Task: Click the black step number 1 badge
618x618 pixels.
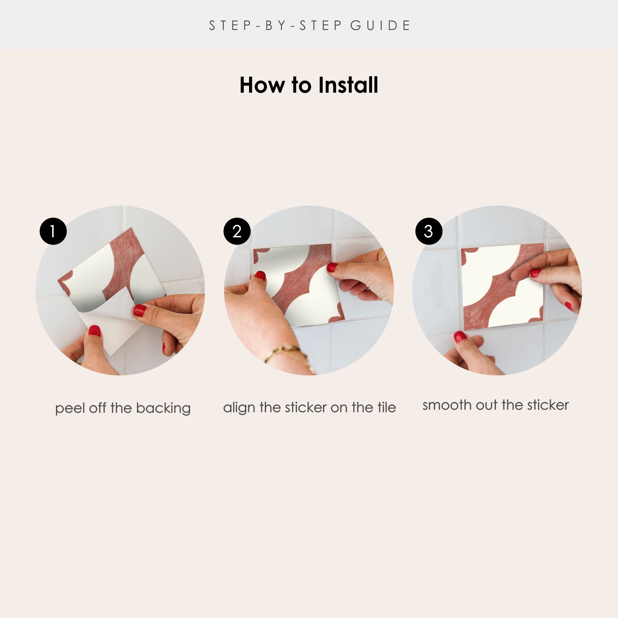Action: [53, 231]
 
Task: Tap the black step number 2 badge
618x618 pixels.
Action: [237, 231]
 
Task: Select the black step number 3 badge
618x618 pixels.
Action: [429, 231]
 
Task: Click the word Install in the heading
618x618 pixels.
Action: [348, 85]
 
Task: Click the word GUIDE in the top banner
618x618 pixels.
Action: [380, 26]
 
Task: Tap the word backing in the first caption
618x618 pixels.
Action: [163, 408]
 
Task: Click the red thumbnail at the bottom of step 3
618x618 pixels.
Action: [460, 337]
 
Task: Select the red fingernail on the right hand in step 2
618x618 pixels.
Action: [332, 267]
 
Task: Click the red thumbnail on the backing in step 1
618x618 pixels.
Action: [94, 331]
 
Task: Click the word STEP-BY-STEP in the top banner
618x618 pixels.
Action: [276, 26]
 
